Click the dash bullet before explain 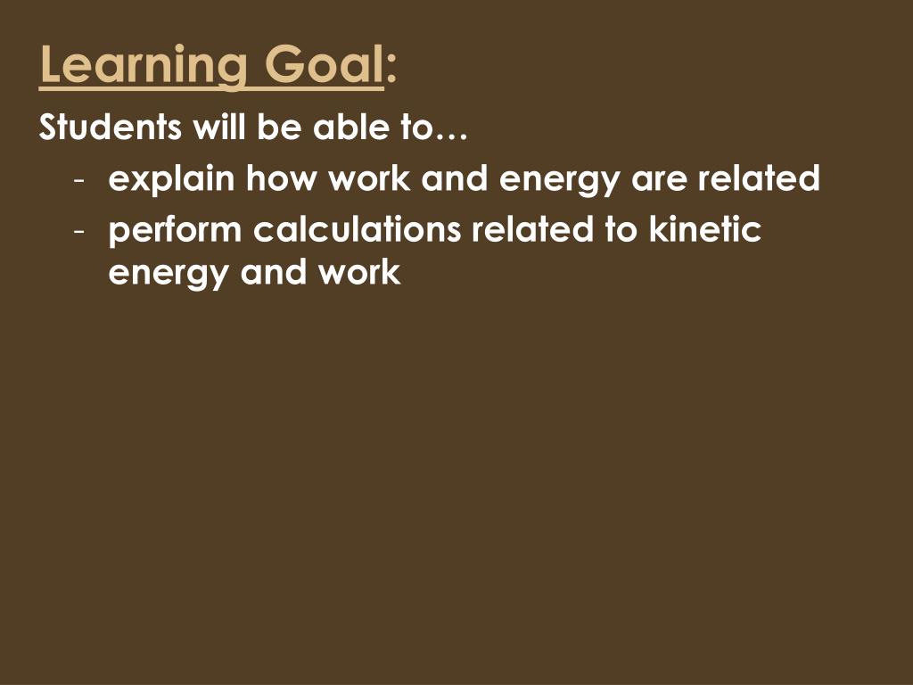(x=80, y=180)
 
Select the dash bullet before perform (x=80, y=231)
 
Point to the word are (x=661, y=180)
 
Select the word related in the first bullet (x=759, y=178)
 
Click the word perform (x=175, y=231)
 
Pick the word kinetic (x=705, y=229)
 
